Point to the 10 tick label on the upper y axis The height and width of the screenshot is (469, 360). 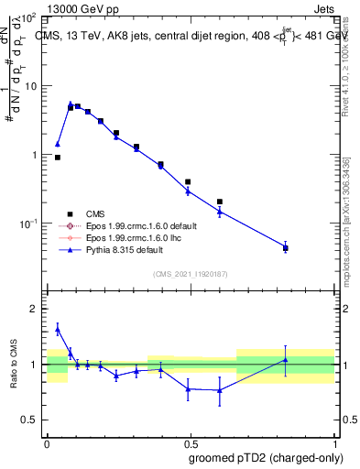point(29,86)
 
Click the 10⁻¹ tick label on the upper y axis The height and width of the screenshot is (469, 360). point(27,224)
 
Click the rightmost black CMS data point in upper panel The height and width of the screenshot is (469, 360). point(286,247)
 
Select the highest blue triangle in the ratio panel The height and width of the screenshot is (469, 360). point(58,329)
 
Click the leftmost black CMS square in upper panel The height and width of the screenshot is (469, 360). point(58,158)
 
